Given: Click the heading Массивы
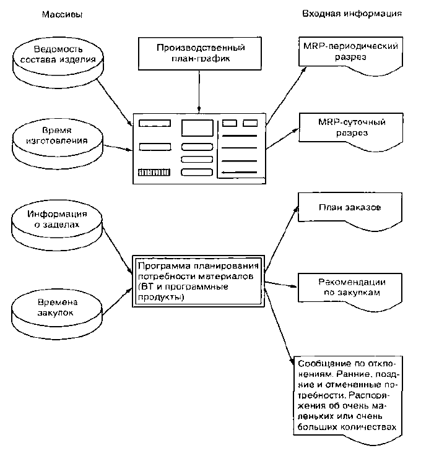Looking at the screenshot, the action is [x=63, y=15].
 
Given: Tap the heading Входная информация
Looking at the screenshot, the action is [x=352, y=14].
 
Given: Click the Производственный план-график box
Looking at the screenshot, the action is [x=199, y=53].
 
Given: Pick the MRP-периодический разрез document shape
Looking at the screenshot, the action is [x=350, y=56].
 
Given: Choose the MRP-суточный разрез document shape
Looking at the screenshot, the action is [x=351, y=132].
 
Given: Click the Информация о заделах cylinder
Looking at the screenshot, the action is [x=57, y=228].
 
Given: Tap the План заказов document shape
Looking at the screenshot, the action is [x=350, y=212].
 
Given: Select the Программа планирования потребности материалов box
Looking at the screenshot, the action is [x=199, y=282].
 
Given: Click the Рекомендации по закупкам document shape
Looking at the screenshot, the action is [x=350, y=291].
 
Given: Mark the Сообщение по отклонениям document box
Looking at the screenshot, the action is [x=348, y=400].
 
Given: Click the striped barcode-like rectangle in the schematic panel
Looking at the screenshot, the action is [x=154, y=172].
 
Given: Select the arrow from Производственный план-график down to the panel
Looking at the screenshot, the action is [x=199, y=91].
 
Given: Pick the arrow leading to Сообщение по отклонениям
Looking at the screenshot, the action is [x=279, y=324].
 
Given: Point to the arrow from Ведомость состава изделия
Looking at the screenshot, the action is [x=115, y=102].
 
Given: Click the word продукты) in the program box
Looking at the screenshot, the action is [x=161, y=297].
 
